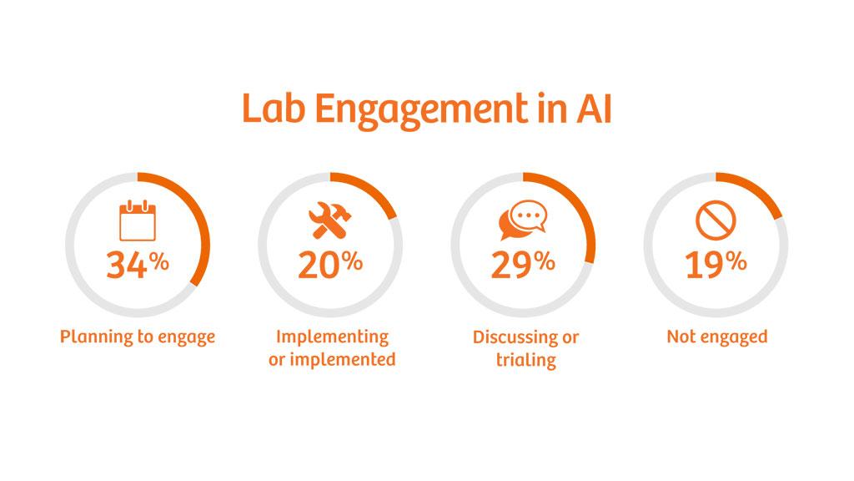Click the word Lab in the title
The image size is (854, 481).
[273, 109]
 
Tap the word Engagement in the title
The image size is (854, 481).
[421, 112]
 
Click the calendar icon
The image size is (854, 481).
[138, 220]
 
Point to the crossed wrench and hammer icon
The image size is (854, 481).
[330, 220]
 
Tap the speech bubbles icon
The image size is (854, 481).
[523, 220]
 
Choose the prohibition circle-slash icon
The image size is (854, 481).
[716, 220]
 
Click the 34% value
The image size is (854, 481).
[138, 265]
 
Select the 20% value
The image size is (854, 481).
[330, 265]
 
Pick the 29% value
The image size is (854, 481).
[523, 265]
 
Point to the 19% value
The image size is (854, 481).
[716, 265]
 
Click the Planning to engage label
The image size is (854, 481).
[138, 337]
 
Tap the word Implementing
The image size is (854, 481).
[332, 337]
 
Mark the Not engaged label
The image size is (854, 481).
[717, 337]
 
